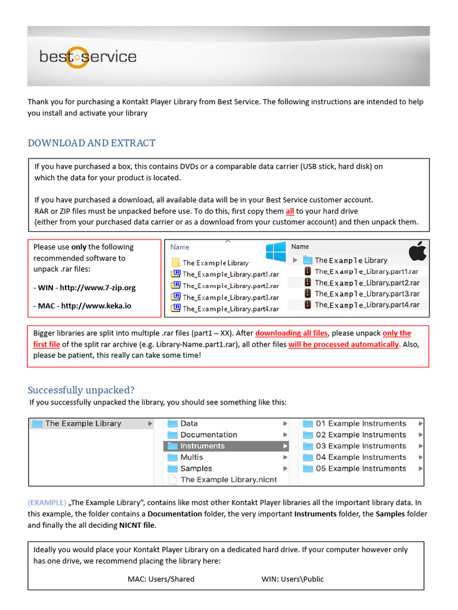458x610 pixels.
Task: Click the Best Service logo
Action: [x=88, y=57]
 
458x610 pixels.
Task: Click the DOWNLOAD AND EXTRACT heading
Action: [x=91, y=143]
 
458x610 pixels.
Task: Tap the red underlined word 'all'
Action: [x=290, y=211]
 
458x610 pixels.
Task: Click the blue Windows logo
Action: [x=276, y=251]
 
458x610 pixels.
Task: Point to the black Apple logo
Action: [x=417, y=251]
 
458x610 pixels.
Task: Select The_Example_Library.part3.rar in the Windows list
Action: [x=230, y=297]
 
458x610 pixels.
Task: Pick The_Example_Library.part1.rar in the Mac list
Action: [x=367, y=272]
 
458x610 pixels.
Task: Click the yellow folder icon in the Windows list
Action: [x=176, y=263]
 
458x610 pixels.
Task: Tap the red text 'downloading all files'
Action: [x=292, y=333]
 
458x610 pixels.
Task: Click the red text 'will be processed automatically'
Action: [x=343, y=344]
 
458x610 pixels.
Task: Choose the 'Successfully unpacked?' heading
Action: [x=81, y=390]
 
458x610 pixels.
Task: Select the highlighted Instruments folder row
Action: [x=226, y=446]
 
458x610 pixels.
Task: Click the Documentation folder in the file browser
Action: [x=208, y=435]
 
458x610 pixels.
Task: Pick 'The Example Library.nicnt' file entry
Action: [x=228, y=480]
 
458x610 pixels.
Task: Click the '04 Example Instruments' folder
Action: [x=360, y=457]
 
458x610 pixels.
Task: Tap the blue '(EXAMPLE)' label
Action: [x=47, y=502]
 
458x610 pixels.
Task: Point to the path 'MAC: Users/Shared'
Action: [x=161, y=579]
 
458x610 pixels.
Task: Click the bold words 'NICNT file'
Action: [x=137, y=525]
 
